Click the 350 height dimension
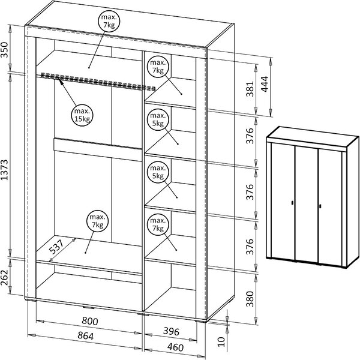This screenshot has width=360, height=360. coord(4,50)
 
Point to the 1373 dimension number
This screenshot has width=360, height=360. coord(4,170)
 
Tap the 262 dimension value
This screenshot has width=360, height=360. coord(4,277)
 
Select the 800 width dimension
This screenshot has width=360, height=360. coord(90,321)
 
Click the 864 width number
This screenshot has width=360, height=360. coord(85,335)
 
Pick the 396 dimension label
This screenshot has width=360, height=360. coord(171,331)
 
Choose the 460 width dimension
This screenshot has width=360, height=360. coord(175,347)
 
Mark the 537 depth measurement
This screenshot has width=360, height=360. coord(56,247)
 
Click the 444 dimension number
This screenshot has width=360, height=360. coord(265,84)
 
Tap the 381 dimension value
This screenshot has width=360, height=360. coord(250,89)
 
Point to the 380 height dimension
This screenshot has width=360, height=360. coord(250,299)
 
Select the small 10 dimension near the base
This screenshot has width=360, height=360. coord(221,341)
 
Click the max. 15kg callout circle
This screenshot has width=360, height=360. coord(82,115)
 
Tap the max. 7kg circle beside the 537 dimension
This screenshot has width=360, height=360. coord(98,221)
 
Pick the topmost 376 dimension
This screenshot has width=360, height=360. coord(250,136)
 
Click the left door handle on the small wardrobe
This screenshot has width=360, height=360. coord(292,203)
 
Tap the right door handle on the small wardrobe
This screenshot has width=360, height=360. coord(320,206)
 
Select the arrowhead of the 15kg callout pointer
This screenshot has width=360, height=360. coord(61,81)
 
